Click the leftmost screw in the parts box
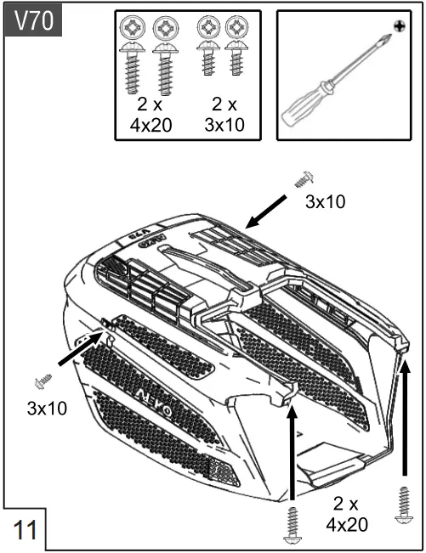[x=134, y=54]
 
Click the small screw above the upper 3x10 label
[x=304, y=179]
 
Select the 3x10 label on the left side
[x=47, y=408]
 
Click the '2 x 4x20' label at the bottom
[x=348, y=513]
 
